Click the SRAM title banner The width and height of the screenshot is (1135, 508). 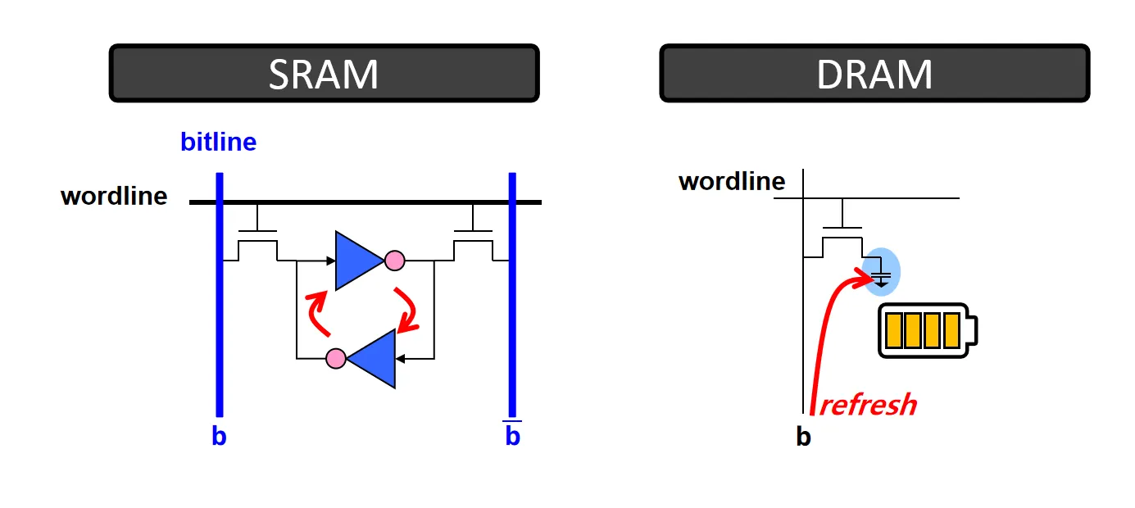tap(324, 74)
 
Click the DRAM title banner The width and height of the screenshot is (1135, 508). tap(874, 74)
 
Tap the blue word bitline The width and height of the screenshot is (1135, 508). tap(218, 143)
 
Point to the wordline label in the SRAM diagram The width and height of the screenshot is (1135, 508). tap(114, 197)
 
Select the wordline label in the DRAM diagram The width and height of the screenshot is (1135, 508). tap(732, 181)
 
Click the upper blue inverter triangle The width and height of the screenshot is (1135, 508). tap(357, 261)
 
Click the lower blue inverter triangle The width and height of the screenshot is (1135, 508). tap(373, 358)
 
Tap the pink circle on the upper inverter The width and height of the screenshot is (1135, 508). tap(395, 261)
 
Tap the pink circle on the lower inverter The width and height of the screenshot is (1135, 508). tap(335, 359)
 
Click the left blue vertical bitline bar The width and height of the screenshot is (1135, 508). tap(220, 295)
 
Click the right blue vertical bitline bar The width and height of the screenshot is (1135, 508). tap(512, 295)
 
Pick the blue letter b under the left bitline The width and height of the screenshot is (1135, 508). tap(219, 437)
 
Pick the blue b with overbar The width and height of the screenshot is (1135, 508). tap(512, 436)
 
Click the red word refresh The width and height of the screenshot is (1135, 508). tap(868, 405)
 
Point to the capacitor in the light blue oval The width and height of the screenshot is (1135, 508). tap(881, 272)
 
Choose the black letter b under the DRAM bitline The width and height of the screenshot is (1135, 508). tap(803, 438)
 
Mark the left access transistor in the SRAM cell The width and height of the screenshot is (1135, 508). tap(258, 239)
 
